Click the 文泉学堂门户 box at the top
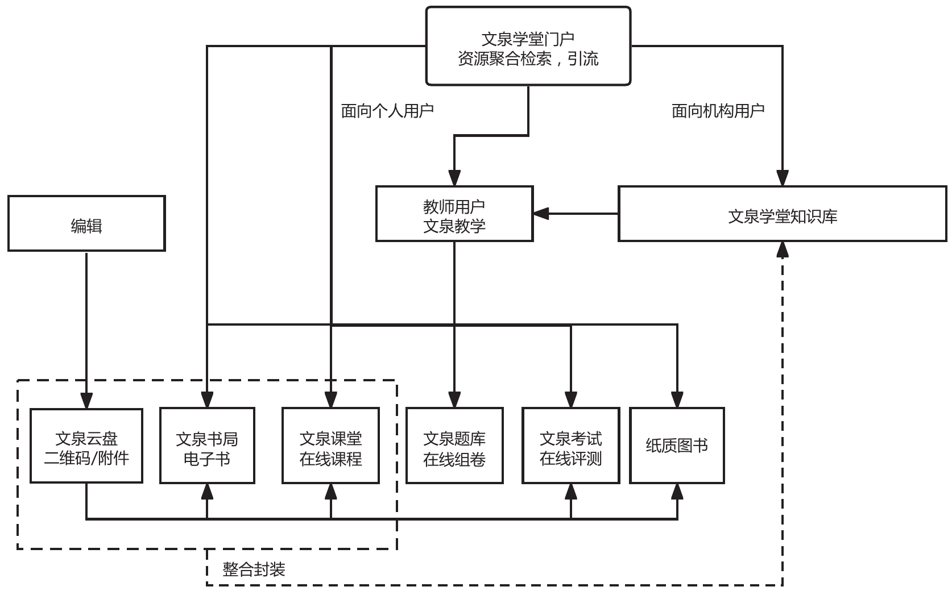(528, 46)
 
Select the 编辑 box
(86, 223)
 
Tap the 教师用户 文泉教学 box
(454, 214)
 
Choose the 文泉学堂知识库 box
(782, 214)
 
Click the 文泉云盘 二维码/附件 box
(86, 446)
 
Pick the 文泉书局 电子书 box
(207, 446)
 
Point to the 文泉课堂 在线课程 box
(330, 446)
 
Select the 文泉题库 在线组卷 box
(454, 446)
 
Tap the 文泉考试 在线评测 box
(570, 446)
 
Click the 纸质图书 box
(677, 446)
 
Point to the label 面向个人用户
(387, 111)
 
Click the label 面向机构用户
(718, 111)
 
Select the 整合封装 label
(254, 569)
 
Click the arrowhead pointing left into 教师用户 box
(541, 214)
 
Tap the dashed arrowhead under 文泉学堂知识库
(783, 249)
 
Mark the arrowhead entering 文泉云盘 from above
(86, 401)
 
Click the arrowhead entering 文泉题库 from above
(454, 400)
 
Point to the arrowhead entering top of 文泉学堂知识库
(783, 178)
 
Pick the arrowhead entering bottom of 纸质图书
(677, 492)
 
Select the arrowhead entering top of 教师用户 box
(454, 178)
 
